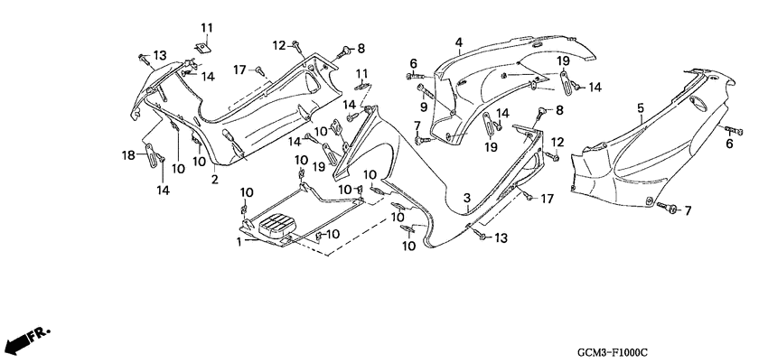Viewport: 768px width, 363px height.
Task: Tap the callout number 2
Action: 214,180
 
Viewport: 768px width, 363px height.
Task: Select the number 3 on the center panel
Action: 466,198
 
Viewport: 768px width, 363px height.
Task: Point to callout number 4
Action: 458,42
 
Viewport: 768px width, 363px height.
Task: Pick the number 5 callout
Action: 641,109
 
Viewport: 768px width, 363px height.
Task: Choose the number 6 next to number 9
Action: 414,62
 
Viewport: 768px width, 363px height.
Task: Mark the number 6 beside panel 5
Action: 729,144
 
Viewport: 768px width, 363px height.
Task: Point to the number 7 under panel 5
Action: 687,211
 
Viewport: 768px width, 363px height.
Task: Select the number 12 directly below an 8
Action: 557,142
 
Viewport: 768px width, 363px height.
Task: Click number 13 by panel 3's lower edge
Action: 502,237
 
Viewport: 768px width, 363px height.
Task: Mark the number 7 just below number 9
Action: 417,125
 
